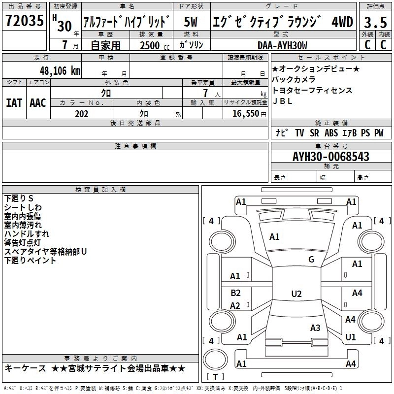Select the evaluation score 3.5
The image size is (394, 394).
(x=375, y=22)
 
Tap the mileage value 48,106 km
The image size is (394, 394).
(x=60, y=70)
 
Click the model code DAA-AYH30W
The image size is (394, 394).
(x=282, y=45)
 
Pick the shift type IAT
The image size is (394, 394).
(x=14, y=102)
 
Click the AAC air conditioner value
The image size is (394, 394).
(x=38, y=102)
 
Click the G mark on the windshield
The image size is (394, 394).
(x=311, y=260)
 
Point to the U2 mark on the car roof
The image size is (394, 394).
(x=296, y=294)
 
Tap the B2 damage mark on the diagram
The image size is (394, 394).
(x=236, y=293)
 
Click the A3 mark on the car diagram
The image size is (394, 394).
(x=315, y=328)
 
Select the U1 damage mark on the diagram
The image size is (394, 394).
(x=351, y=337)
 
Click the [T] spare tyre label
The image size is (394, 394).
(x=215, y=377)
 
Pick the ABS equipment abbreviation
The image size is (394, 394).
(x=331, y=132)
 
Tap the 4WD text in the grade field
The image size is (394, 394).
(x=342, y=22)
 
